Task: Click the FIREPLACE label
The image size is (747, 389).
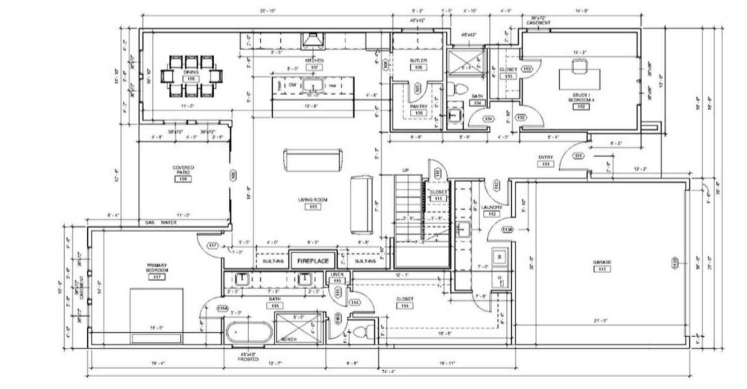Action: [x=313, y=262]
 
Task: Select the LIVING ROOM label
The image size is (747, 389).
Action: [x=314, y=200]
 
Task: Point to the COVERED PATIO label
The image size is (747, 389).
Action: [x=183, y=170]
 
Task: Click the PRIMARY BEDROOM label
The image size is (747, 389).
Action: [x=157, y=268]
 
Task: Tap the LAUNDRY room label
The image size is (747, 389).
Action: [x=491, y=207]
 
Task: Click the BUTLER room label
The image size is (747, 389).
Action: [x=418, y=60]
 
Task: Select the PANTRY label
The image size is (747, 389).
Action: [x=418, y=106]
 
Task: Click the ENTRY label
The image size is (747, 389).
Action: [x=545, y=158]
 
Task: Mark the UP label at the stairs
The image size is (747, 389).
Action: [x=405, y=170]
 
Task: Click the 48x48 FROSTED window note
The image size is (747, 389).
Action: [x=248, y=355]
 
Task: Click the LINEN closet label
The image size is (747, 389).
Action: [x=337, y=275]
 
